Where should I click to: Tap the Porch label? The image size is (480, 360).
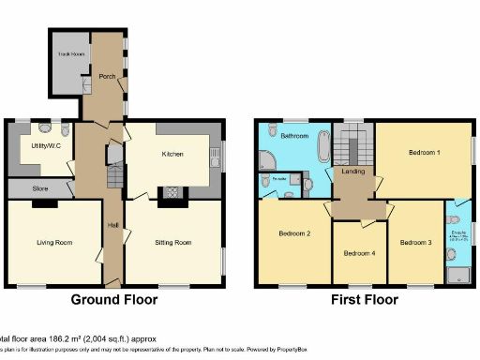(107, 78)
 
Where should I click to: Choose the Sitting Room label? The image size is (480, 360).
(172, 242)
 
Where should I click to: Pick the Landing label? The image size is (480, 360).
(352, 171)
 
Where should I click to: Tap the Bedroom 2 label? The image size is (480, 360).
(293, 233)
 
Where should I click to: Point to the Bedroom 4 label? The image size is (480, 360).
(359, 253)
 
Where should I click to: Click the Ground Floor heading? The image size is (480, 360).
(114, 300)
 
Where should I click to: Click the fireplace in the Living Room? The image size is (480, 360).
(51, 202)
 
